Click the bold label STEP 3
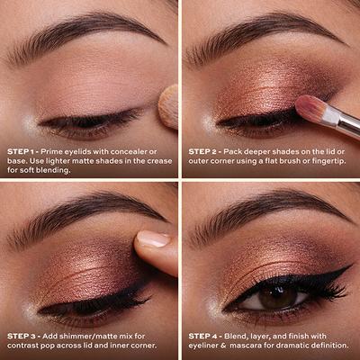coord(22,335)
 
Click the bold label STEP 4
coord(204,335)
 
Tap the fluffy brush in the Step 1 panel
coord(168,106)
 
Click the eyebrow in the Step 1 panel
coord(81,31)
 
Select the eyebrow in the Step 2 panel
coord(261,31)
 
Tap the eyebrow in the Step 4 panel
coord(261,214)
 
